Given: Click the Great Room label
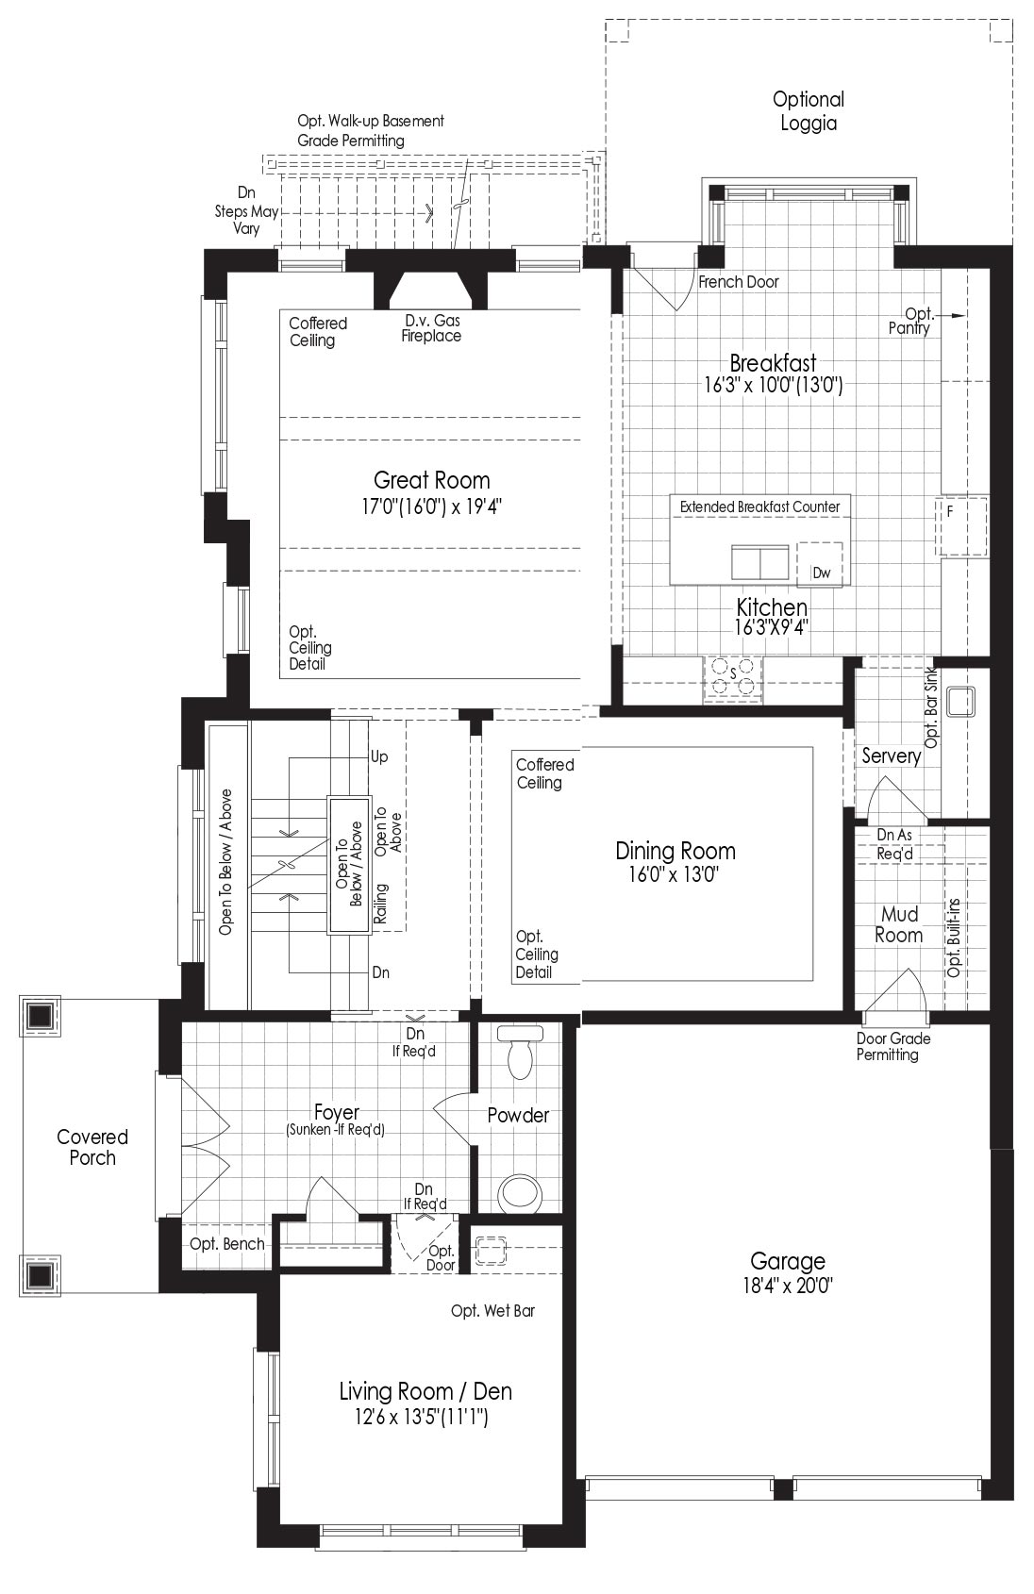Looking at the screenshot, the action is (432, 480).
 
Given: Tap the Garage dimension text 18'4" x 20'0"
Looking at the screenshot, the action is (788, 1286).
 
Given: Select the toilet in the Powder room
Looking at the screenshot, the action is (520, 1052).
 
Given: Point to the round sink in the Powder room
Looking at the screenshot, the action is (520, 1192).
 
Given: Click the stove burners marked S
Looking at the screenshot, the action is (732, 676).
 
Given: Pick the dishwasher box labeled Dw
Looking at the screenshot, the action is (820, 564).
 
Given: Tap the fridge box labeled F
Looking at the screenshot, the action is (961, 526).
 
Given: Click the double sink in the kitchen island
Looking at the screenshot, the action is (760, 562).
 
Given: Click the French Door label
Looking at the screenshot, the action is (739, 282).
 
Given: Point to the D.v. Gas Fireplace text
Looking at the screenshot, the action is (431, 328).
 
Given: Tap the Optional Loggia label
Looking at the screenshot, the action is (809, 111).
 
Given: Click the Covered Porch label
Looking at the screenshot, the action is (92, 1147).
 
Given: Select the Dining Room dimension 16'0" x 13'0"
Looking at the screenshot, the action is (674, 873).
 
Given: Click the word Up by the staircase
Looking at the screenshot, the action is (379, 756).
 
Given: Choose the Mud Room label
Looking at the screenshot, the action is (899, 924).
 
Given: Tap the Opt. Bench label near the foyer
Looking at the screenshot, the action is (227, 1244).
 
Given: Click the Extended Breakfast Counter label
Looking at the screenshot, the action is (760, 506).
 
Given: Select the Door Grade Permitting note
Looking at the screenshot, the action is (893, 1047).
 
